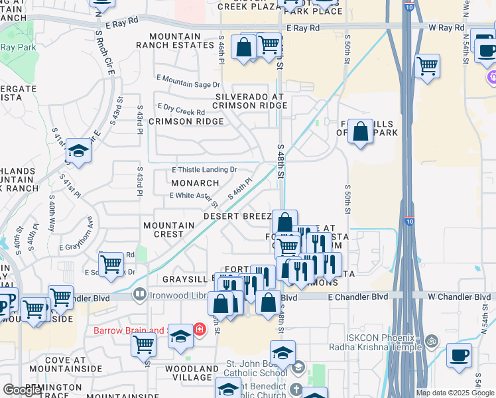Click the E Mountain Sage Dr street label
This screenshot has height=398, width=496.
coord(188,84)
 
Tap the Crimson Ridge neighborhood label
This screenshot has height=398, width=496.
coord(176,121)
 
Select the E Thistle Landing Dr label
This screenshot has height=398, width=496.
coord(204,170)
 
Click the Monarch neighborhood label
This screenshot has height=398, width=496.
coord(195,183)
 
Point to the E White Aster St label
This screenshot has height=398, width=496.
coord(194,196)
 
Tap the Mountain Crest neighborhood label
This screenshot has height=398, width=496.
coord(169,230)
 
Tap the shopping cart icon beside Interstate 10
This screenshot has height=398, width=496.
coord(428,66)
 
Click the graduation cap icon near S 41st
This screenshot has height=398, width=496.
coord(78,151)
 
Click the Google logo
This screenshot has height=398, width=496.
coord(23,390)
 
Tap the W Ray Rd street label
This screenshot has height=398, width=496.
coord(446,28)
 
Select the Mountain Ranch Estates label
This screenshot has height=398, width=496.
coord(175,40)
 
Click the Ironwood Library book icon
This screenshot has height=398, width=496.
coord(140,293)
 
